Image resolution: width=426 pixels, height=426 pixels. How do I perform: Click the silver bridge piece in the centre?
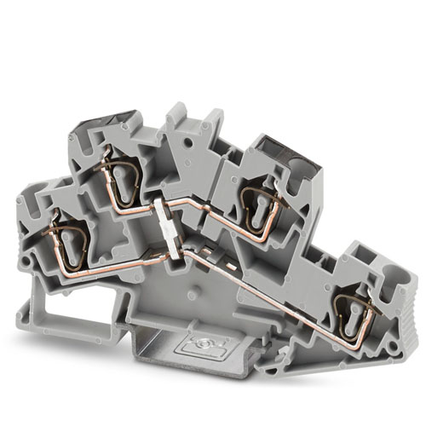[170, 230]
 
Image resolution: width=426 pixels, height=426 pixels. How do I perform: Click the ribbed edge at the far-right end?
[409, 315]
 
